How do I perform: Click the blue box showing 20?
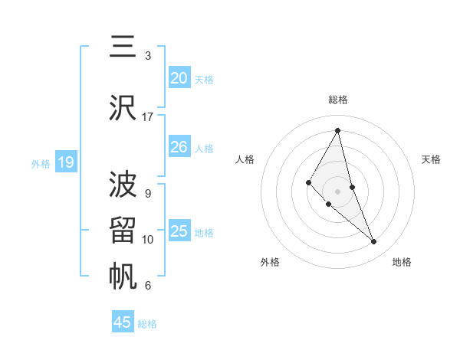[x=179, y=78]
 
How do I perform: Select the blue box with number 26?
[x=179, y=147]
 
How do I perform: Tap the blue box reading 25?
[x=179, y=231]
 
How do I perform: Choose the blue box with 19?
[x=65, y=162]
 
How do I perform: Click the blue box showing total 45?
[x=123, y=322]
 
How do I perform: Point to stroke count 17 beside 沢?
[x=148, y=117]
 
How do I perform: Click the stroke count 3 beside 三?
[x=148, y=56]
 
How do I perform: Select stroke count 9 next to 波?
[x=148, y=194]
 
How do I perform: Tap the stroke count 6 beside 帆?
[x=148, y=286]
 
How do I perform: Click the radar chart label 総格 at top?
[x=338, y=100]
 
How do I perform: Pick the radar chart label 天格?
[x=432, y=159]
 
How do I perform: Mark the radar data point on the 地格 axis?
[x=374, y=242]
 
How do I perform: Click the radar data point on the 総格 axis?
[x=338, y=130]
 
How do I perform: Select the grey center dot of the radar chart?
[x=338, y=191]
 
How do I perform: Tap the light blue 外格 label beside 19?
[x=41, y=163]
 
